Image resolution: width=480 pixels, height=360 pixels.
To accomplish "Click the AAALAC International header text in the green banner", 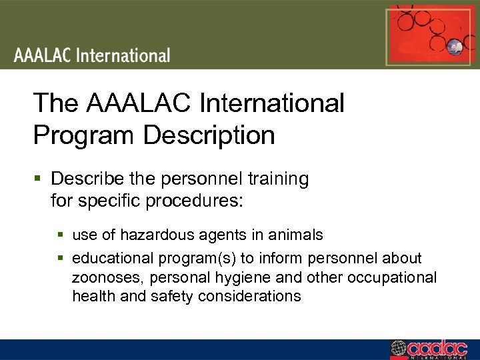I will [x=93, y=55].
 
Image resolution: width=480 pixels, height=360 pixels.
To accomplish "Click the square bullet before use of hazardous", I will [x=61, y=235].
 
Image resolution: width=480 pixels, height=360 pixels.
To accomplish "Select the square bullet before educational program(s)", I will [x=61, y=258].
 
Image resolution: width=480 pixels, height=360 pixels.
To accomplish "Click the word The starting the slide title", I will [x=56, y=103].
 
